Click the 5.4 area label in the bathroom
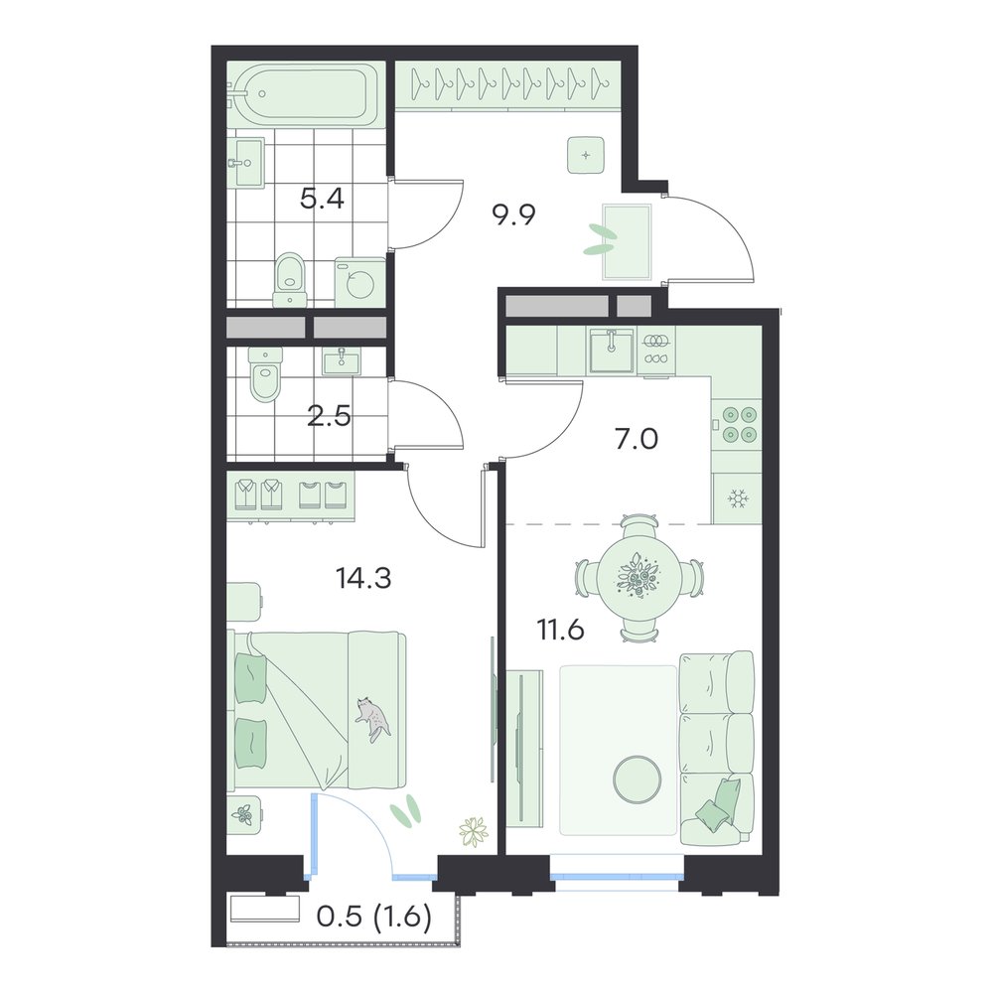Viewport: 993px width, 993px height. pyautogui.click(x=322, y=200)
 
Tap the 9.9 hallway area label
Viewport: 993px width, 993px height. pyautogui.click(x=513, y=215)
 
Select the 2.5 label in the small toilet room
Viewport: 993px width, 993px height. pyautogui.click(x=329, y=417)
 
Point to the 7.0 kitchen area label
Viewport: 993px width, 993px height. pyautogui.click(x=637, y=438)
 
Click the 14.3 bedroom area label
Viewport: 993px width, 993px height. pyautogui.click(x=363, y=578)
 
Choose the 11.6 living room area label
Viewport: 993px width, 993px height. pyautogui.click(x=560, y=631)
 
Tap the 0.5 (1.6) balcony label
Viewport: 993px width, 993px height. pyautogui.click(x=373, y=917)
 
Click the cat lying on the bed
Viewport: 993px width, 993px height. pyautogui.click(x=373, y=719)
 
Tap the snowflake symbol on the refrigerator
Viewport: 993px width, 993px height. pyautogui.click(x=736, y=498)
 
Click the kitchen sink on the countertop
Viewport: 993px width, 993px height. pyautogui.click(x=611, y=351)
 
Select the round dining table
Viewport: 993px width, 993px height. pyautogui.click(x=639, y=577)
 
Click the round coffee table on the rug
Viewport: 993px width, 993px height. pyautogui.click(x=638, y=779)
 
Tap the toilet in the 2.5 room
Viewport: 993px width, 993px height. pyautogui.click(x=264, y=374)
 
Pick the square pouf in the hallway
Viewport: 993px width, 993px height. pyautogui.click(x=586, y=155)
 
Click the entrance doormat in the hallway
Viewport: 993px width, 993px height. pyautogui.click(x=627, y=241)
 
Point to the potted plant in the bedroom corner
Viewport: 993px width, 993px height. pyautogui.click(x=475, y=831)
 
